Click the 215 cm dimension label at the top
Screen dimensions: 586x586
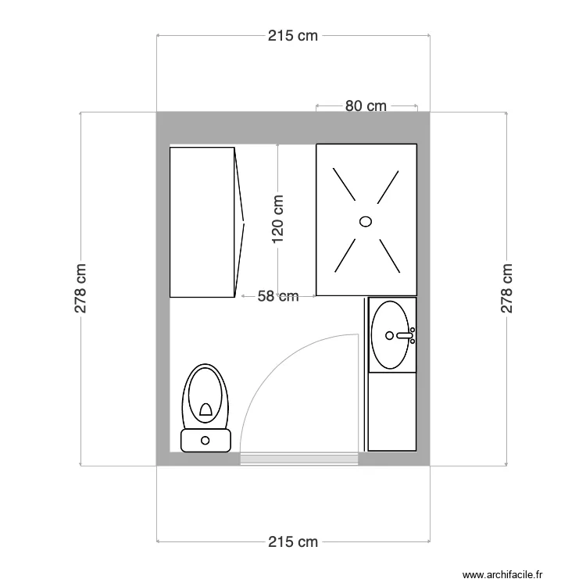pos(293,36)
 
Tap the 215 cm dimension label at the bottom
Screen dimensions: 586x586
pos(293,541)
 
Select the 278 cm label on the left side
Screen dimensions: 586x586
pos(80,289)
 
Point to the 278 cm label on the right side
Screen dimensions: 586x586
pos(506,289)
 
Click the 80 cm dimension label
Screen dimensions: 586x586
pos(366,106)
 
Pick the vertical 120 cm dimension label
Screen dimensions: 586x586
pos(278,218)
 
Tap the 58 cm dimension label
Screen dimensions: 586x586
pos(278,296)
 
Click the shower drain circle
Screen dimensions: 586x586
pos(366,221)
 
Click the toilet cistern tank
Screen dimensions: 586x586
pos(205,440)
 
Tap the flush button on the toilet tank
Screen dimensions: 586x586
pos(205,440)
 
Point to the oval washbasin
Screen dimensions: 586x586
pos(390,334)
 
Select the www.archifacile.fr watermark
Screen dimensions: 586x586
pos(502,575)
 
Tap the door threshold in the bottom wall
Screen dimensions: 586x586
pos(299,459)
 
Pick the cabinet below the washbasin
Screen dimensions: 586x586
pos(391,411)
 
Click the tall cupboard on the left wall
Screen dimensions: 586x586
pos(202,222)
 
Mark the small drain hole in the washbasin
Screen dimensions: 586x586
pos(388,336)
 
